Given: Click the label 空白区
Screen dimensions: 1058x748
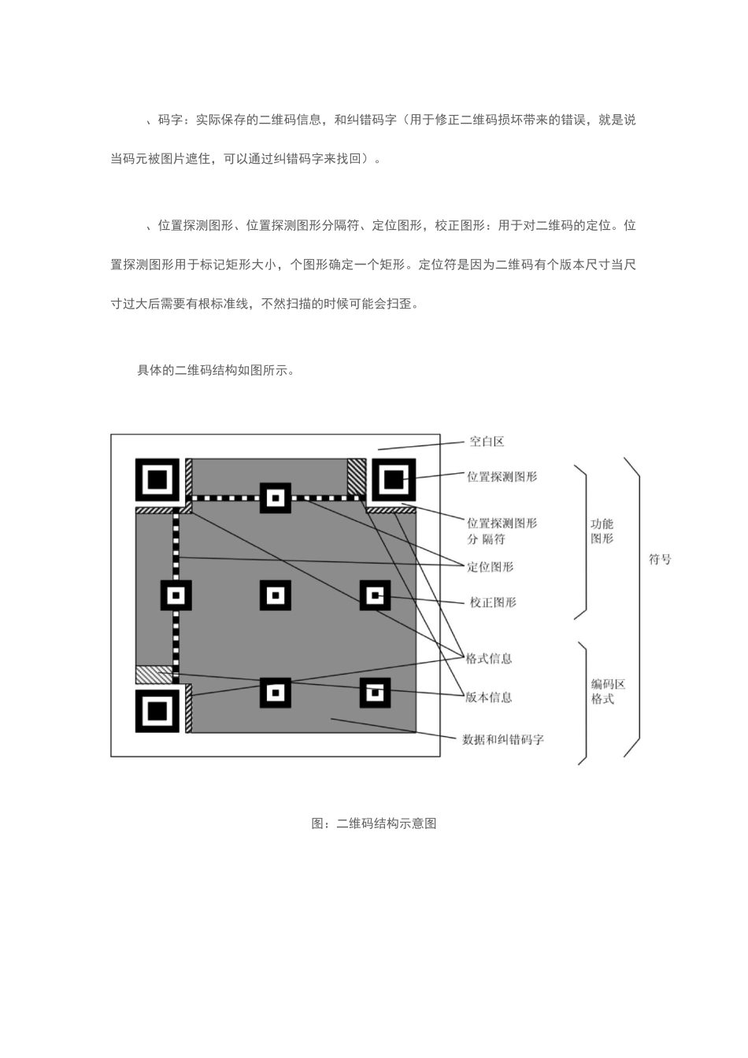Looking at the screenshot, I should [x=487, y=442].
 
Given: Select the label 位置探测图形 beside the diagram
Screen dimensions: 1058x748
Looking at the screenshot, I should [x=502, y=476].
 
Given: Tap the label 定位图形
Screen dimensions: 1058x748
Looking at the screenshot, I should [x=490, y=567].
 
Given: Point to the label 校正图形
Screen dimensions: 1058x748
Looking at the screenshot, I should [x=493, y=602].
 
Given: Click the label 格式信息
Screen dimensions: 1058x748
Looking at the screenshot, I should [x=489, y=658].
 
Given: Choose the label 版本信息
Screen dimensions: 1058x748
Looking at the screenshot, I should [x=488, y=697].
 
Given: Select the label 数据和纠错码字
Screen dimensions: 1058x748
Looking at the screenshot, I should [x=502, y=739].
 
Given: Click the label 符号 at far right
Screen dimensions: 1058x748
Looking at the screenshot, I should [x=660, y=560].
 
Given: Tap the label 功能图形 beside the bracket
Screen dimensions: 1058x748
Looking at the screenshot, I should [x=602, y=531].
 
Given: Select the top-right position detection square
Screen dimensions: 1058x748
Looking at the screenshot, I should [x=393, y=479].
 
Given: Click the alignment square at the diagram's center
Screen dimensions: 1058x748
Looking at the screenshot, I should [x=275, y=596].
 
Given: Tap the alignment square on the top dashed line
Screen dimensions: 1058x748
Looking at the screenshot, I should [x=275, y=498].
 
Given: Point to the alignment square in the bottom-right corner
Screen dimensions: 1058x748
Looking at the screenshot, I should [x=375, y=693].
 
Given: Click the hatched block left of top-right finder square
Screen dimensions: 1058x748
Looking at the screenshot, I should [x=357, y=476].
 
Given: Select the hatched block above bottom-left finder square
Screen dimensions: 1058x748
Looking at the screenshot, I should [x=154, y=675].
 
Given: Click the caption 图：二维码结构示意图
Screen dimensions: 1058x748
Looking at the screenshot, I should [x=374, y=823].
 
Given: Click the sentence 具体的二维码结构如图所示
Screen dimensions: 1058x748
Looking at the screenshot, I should [x=217, y=370].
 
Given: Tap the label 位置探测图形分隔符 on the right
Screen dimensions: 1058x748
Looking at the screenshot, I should [x=502, y=531].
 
